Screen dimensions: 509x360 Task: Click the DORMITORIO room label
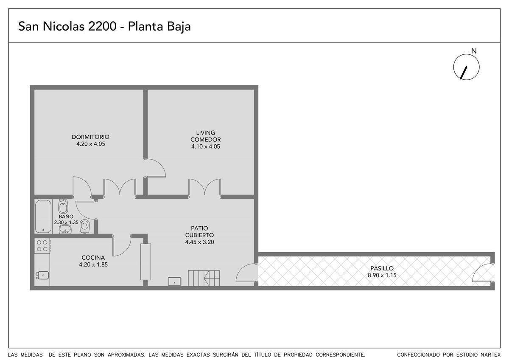coord(90,137)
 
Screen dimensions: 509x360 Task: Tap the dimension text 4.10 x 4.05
coord(206,146)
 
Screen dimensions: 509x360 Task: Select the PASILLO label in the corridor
coord(382,268)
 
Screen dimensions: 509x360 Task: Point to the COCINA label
coord(93,258)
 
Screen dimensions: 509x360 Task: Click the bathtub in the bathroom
coord(43,216)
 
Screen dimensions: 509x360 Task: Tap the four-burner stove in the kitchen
coord(42,246)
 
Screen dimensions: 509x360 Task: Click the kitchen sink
coord(43,276)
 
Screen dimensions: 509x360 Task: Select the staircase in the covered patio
coord(204,278)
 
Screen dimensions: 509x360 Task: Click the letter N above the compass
coord(474,51)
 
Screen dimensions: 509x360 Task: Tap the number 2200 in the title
coord(102,26)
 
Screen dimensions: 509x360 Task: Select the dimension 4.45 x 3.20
coord(199,242)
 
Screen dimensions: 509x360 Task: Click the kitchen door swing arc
coord(126,250)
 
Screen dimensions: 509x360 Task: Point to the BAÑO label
coord(66,217)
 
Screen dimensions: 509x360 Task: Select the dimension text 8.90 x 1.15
coord(382,275)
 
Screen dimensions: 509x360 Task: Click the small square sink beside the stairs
coord(174,281)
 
